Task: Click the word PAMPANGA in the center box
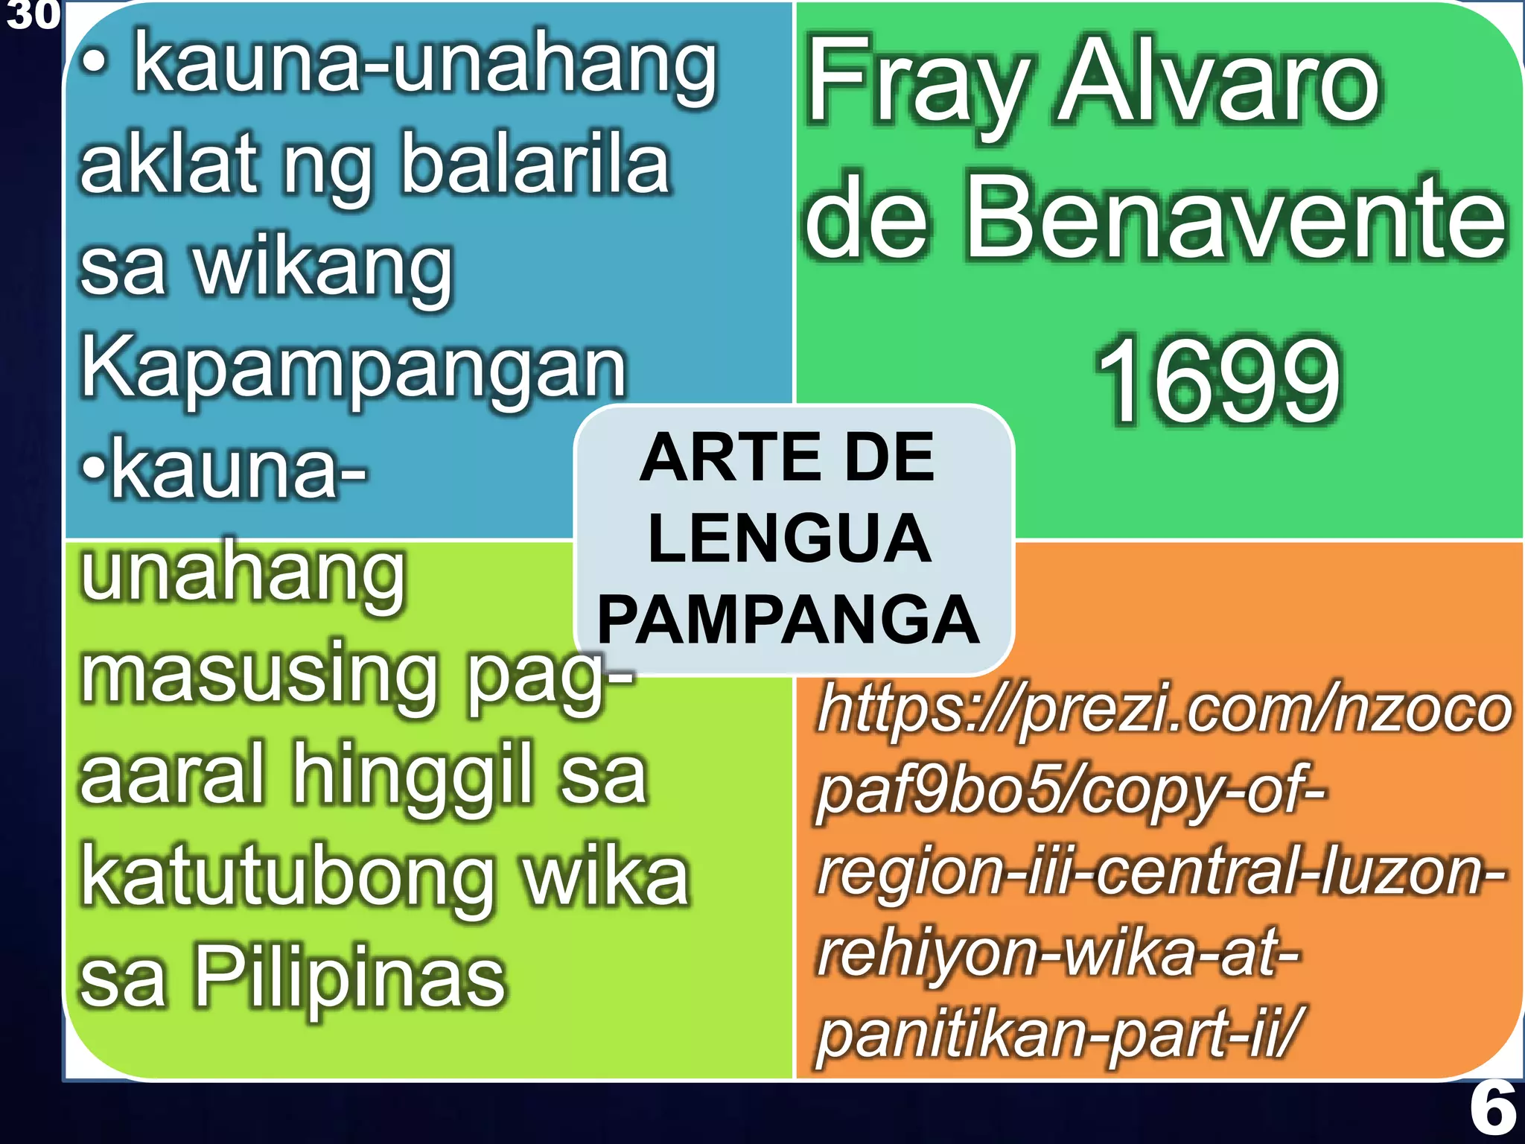[788, 620]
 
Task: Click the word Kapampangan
[353, 369]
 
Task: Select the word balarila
[535, 165]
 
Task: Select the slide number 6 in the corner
[1492, 1109]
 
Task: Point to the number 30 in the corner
[31, 15]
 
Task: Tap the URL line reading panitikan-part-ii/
[1057, 1032]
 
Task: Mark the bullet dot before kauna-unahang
[95, 66]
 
